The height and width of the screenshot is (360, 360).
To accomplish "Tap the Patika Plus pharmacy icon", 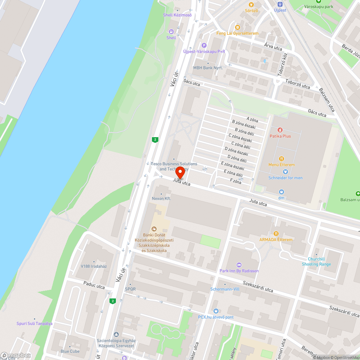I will point(280,130).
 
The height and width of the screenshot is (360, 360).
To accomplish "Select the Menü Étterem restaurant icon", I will point(282,158).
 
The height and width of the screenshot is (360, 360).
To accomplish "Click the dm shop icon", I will point(282,192).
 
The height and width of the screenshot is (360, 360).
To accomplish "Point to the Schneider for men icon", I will point(285,172).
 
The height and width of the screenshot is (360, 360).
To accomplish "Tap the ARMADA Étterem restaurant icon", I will point(276,233).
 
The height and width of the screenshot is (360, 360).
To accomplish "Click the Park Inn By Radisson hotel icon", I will point(239,265).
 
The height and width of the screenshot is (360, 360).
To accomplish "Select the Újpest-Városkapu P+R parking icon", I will point(204,45).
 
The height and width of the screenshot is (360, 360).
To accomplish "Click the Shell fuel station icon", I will point(171,32).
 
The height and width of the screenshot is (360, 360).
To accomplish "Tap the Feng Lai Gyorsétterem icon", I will point(237,27).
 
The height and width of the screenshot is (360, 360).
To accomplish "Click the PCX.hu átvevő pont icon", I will point(216,311).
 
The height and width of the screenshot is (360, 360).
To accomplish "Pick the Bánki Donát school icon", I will point(154,229).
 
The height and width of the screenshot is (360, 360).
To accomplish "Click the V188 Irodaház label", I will point(94,266).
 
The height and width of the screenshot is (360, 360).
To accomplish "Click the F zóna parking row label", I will point(235,181).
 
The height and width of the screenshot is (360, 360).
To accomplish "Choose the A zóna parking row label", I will point(253,119).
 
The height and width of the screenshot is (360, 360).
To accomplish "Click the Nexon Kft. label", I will point(161,198).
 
